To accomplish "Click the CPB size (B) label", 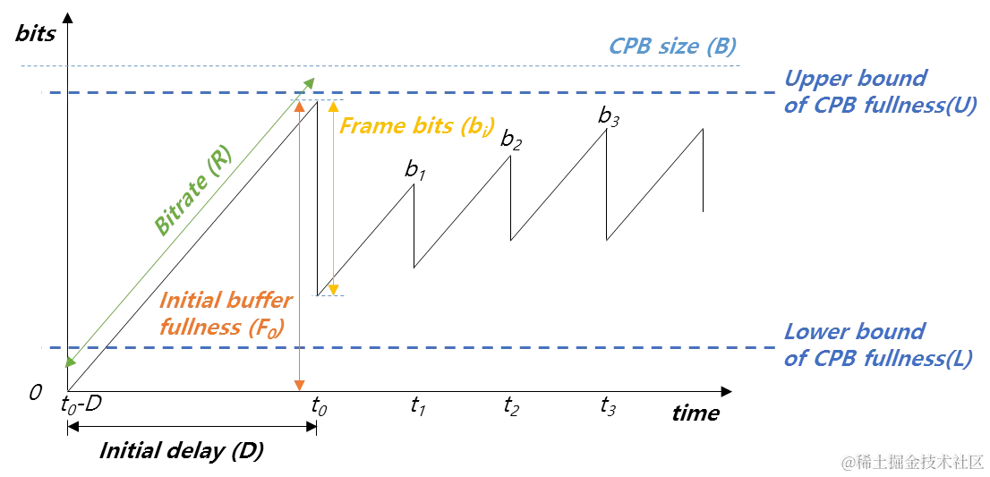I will [x=672, y=46].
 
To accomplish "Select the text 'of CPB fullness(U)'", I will [x=878, y=106].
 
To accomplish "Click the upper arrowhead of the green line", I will [x=307, y=84].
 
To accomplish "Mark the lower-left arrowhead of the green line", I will [x=71, y=362].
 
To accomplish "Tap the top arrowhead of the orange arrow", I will [x=301, y=106].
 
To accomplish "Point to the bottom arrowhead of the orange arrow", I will [x=301, y=386].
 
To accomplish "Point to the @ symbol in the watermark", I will [x=846, y=462].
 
